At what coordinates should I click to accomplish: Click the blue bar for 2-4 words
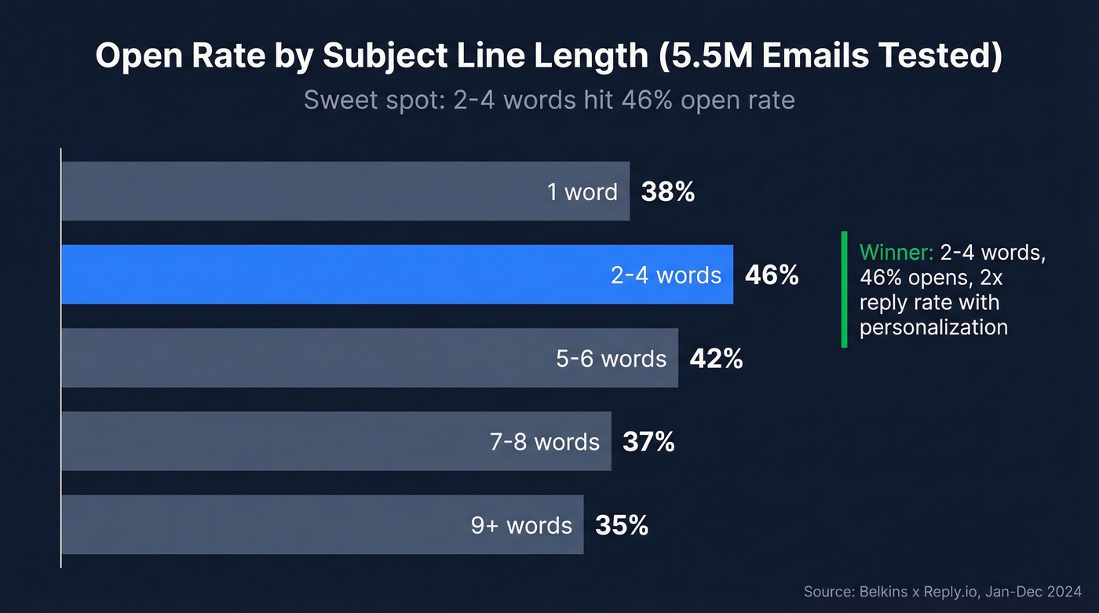tap(330, 274)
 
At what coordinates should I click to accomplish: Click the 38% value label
tap(667, 192)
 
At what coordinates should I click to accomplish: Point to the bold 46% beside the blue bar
tap(771, 275)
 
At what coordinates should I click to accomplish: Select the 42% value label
tap(716, 358)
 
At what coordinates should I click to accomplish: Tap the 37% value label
tap(648, 442)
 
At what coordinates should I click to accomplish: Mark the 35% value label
tap(622, 525)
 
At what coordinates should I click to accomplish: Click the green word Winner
tap(896, 253)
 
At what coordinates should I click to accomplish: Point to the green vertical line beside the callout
tap(844, 289)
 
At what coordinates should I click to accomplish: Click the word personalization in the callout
tap(933, 327)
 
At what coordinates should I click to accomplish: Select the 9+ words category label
tap(521, 525)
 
